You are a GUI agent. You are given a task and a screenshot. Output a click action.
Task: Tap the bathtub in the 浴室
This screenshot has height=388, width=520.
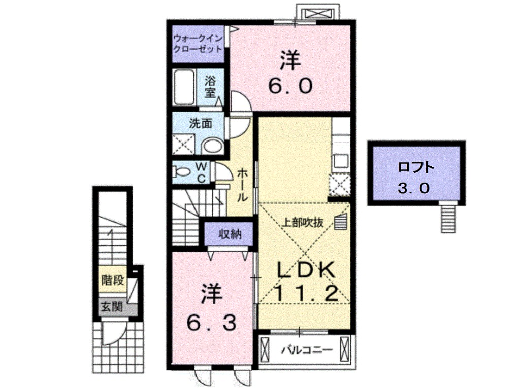[184, 87]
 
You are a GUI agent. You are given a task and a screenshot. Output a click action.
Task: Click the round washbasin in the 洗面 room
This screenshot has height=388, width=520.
[211, 147]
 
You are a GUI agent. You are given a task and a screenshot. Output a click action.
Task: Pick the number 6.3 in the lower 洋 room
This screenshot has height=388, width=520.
[212, 321]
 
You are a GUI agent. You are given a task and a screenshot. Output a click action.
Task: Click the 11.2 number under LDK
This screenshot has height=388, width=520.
[305, 293]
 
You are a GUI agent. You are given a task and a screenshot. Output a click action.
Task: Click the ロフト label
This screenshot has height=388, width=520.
[415, 167]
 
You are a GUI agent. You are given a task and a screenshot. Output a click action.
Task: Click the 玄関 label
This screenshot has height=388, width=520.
[111, 306]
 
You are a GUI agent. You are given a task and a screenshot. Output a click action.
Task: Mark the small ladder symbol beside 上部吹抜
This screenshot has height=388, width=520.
[340, 221]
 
